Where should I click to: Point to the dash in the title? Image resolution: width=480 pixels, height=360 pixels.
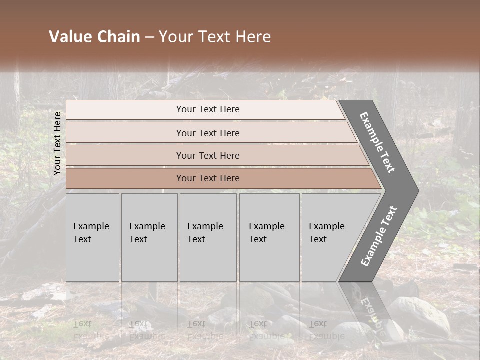coord(149,37)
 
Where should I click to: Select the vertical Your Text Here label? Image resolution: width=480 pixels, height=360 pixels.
coord(57,143)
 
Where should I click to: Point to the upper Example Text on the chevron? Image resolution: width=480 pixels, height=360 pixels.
coord(377,142)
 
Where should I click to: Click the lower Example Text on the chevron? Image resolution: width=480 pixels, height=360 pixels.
coord(379,236)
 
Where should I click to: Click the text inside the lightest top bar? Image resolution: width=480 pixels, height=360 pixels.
coord(208,109)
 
